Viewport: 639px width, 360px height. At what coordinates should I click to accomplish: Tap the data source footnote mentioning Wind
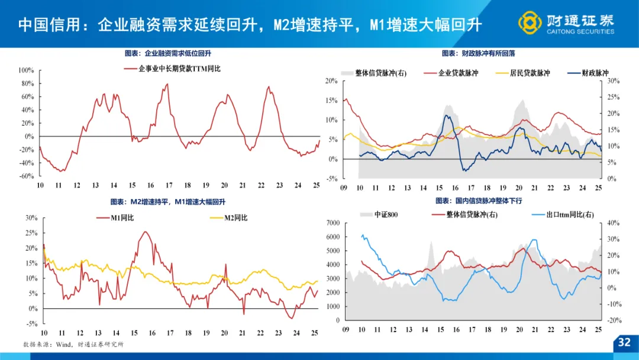click(x=73, y=344)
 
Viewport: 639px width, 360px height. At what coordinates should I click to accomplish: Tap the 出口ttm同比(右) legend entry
click(x=569, y=214)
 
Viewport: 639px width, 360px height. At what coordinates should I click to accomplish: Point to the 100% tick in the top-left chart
click(x=27, y=70)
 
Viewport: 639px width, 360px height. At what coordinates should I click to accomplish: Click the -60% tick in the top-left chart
click(x=27, y=176)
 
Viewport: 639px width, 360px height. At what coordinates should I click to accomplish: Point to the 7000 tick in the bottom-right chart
click(x=332, y=223)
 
